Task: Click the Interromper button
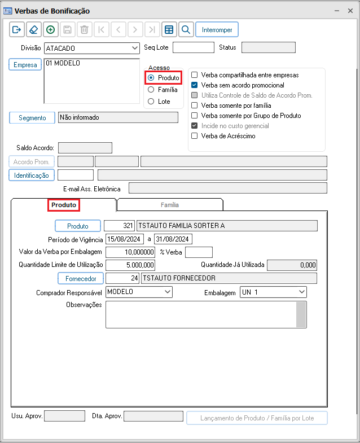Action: click(x=217, y=29)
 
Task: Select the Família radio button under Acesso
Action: click(x=151, y=89)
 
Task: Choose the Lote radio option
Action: click(x=151, y=102)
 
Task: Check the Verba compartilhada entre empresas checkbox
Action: click(x=195, y=75)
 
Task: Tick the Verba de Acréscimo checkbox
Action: click(x=195, y=136)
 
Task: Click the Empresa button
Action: click(x=25, y=65)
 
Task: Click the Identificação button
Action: click(x=32, y=175)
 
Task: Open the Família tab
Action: click(x=170, y=205)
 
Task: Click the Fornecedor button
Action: click(x=80, y=278)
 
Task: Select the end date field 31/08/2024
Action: click(x=173, y=239)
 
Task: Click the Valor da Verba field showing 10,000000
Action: click(x=130, y=252)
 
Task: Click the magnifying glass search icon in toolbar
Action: click(x=186, y=29)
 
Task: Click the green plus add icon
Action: click(x=51, y=29)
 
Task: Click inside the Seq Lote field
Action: click(x=193, y=47)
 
